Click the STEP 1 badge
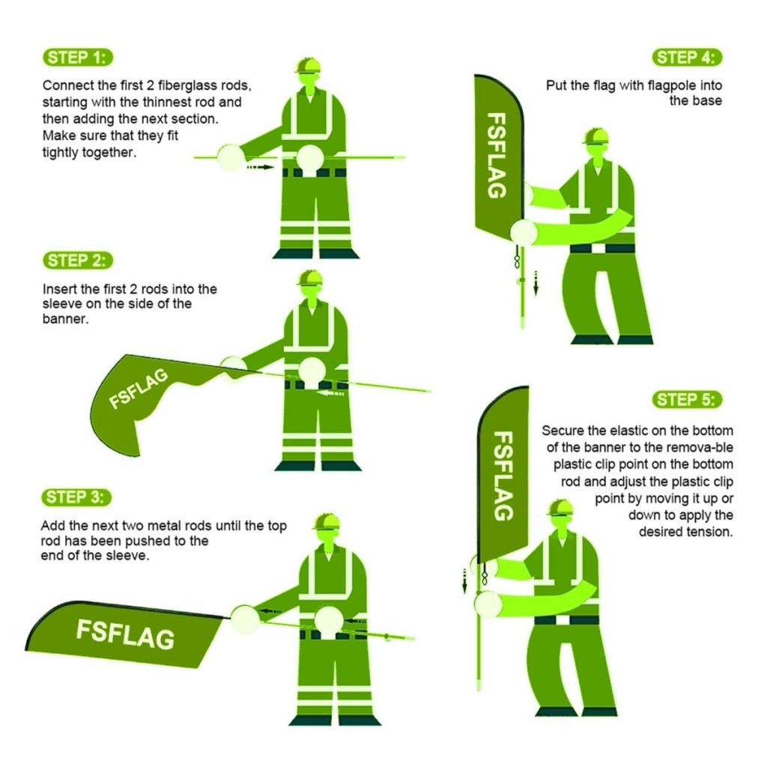[79, 58]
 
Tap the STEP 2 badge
[79, 261]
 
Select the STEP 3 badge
[79, 497]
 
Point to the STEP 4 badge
[688, 58]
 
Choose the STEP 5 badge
[688, 399]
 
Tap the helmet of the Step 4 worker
[595, 136]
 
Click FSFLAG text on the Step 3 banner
[125, 635]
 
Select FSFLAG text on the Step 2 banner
[139, 389]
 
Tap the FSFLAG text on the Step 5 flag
[503, 476]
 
